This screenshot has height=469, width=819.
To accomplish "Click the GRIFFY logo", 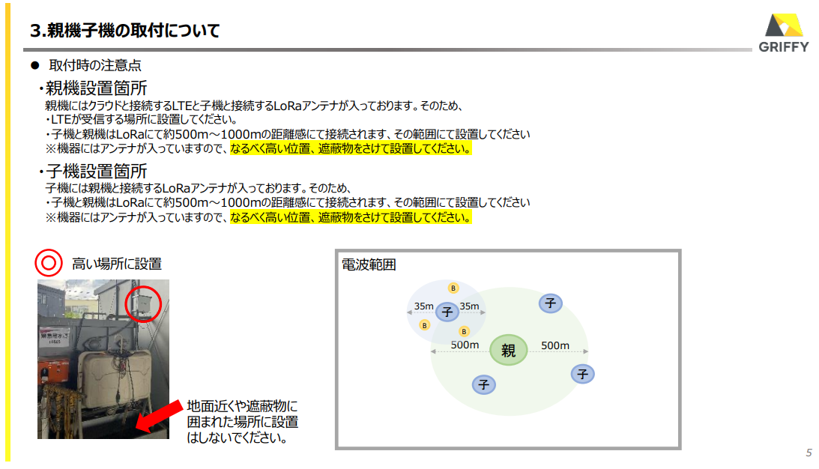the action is pos(783,33).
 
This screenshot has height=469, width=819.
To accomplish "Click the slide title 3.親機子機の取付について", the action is pos(125,30).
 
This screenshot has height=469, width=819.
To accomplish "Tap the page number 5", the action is pos(809,453).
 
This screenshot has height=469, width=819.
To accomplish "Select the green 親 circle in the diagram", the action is pos(508,350).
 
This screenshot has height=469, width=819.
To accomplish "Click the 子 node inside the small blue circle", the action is pos(447,312).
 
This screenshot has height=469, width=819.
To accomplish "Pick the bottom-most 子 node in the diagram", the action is pos(483,385).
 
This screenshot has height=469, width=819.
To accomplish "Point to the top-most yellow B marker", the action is pos(453,288).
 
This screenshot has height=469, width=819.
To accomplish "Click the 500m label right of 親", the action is pos(555,345).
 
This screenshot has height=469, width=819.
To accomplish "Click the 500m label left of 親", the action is pos(465,345).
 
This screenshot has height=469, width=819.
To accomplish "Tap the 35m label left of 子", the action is pos(423,306).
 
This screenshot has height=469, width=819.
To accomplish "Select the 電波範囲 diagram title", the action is pos(369,264).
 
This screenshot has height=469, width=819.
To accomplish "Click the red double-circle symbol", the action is pos(49,263).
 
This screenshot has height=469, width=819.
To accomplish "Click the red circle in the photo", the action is pos(143,303).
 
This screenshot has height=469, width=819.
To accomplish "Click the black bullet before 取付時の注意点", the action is pos(35,65).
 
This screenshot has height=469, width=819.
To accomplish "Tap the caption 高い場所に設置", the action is pos(117,264).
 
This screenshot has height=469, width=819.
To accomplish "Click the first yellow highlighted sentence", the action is pos(351,148).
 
